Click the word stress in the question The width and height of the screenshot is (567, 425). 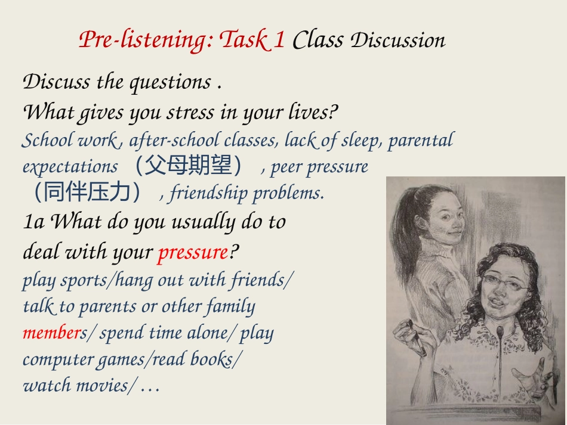click(190, 112)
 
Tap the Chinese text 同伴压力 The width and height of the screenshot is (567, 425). click(87, 192)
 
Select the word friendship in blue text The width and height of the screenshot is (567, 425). click(209, 193)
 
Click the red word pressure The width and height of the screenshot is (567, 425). click(193, 252)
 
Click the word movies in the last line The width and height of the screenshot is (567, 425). click(101, 385)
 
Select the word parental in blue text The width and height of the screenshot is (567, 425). click(421, 140)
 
